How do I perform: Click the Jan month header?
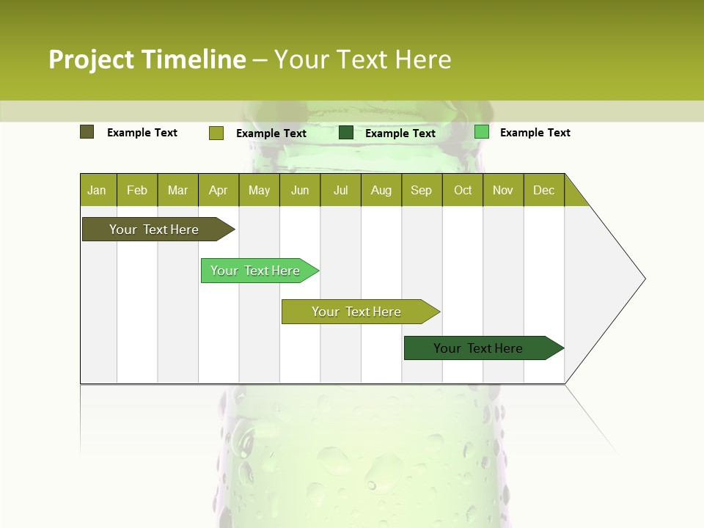coord(97,190)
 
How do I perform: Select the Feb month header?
coord(137,190)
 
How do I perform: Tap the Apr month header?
coord(218,190)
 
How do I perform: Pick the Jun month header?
coord(300,190)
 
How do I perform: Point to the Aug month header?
coord(381,190)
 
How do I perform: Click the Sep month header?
coord(421,190)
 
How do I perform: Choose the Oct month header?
coord(463,190)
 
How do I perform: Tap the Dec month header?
coord(543,190)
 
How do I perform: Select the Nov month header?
coord(503,190)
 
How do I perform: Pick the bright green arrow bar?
coord(257,271)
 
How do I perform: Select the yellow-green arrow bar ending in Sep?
coord(357,312)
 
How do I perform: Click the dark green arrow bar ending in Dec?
coord(480,348)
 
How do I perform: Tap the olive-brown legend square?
coord(87,132)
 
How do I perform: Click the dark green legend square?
coord(346,133)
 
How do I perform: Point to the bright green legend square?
coord(482,132)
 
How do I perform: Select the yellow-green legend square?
coord(216,133)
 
